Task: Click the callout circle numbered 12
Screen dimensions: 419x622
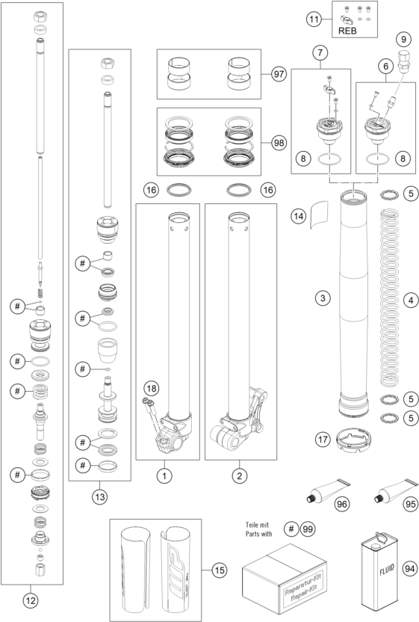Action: [x=31, y=600]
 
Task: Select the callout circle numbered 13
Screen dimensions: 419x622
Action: [x=99, y=496]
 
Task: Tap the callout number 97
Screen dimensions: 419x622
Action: [x=279, y=74]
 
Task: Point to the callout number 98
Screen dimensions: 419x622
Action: [x=279, y=142]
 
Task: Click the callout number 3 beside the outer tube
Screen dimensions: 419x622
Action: [x=323, y=298]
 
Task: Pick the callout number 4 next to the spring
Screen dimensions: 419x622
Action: [x=411, y=301]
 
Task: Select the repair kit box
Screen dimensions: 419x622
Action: [x=285, y=574]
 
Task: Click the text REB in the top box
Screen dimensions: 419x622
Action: [x=347, y=31]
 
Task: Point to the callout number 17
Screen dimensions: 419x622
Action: [x=323, y=439]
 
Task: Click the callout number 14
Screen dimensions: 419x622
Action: [x=299, y=216]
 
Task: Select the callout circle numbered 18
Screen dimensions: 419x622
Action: [x=151, y=389]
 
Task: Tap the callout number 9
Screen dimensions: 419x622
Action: [x=403, y=40]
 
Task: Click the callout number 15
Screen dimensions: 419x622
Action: [x=219, y=570]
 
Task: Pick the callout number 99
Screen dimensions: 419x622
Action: [x=307, y=529]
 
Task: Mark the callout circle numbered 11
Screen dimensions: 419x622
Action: [x=314, y=19]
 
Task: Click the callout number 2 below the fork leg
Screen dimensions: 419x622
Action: [x=239, y=475]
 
